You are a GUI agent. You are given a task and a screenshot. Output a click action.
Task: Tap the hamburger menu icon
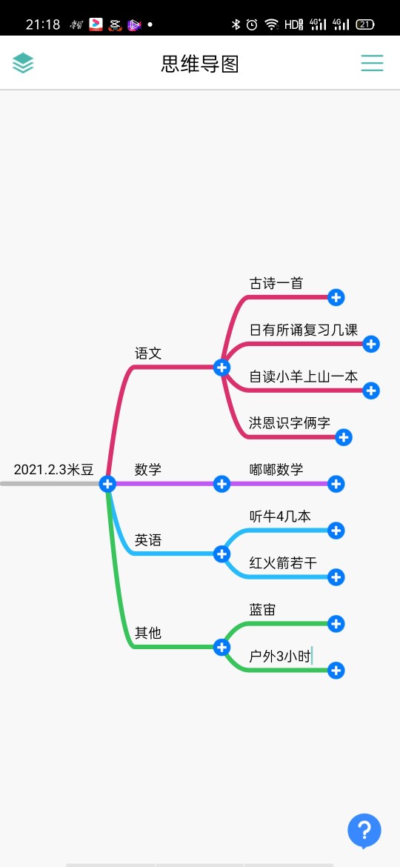click(372, 63)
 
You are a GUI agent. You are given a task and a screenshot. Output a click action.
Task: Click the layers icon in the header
click(23, 63)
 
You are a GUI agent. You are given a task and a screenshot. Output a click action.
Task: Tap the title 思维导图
click(200, 64)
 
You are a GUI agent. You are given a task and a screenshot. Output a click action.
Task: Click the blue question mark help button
click(364, 831)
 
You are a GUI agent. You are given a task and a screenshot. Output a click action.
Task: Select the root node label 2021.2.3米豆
click(53, 470)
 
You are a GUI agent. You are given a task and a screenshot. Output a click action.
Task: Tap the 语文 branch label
click(148, 353)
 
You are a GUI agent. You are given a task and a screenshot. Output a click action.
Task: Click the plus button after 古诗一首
click(336, 297)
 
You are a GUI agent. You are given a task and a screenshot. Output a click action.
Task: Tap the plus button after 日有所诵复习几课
click(370, 344)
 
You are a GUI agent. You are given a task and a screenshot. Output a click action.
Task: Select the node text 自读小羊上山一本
click(303, 376)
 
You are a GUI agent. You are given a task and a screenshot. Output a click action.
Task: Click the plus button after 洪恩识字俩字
click(344, 437)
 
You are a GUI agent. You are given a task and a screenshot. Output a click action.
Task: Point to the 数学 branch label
click(148, 470)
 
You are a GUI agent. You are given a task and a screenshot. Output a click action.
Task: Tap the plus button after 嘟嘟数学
click(336, 484)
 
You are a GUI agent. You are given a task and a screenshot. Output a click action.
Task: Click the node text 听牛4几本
click(280, 516)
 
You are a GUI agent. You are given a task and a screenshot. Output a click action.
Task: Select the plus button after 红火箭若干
click(336, 577)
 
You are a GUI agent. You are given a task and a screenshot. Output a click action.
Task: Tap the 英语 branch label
click(148, 539)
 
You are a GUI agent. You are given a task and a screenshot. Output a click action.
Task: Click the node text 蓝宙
click(262, 609)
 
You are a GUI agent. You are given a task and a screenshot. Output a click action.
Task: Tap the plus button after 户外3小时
click(336, 671)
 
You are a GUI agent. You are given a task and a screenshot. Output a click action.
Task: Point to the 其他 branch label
click(148, 632)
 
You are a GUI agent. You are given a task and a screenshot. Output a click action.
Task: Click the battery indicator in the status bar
click(365, 24)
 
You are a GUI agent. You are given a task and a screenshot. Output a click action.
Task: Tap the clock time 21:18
click(42, 24)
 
